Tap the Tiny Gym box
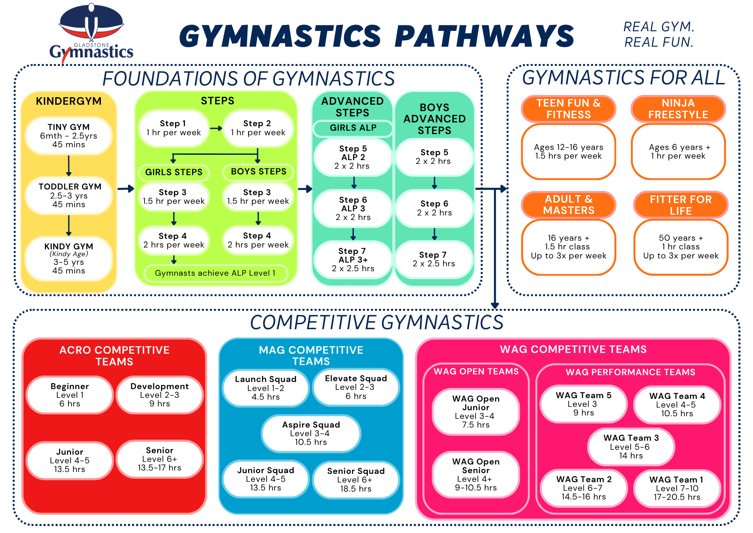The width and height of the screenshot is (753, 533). tap(69, 136)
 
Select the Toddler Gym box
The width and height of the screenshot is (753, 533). tap(69, 195)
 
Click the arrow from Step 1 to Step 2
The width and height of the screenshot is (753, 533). tap(216, 128)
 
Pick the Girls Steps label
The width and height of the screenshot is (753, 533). tap(174, 172)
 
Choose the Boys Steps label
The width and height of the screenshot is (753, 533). tap(258, 171)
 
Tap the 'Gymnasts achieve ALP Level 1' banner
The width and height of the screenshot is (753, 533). tap(215, 273)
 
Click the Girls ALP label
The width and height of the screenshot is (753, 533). tap(353, 128)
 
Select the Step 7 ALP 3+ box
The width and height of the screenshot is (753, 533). tap(353, 260)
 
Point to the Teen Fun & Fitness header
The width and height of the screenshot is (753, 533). tap(569, 109)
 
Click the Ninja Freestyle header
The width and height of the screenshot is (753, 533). tap(678, 109)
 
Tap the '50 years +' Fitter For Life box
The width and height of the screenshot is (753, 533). tap(681, 247)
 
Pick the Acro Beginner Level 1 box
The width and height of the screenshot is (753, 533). tap(70, 395)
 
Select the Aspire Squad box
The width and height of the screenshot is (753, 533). tap(311, 434)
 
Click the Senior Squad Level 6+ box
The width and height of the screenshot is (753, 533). tap(356, 480)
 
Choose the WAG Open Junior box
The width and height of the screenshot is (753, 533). tap(476, 412)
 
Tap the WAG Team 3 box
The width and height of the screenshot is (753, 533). tap(631, 447)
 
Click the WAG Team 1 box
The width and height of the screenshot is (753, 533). tap(677, 488)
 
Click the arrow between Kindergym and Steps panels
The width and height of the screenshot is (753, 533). tap(126, 188)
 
